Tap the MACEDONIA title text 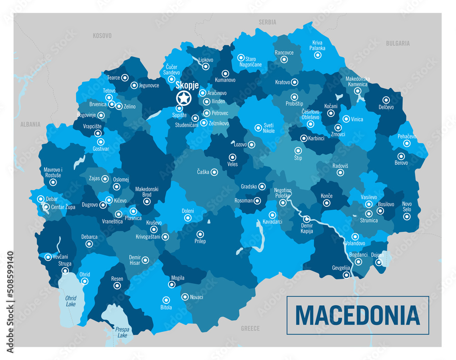[x=358, y=315]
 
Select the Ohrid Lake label [x=71, y=301]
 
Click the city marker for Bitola [x=166, y=300]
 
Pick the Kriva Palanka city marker [x=318, y=55]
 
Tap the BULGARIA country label [x=398, y=43]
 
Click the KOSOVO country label [x=102, y=36]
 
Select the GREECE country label [x=250, y=328]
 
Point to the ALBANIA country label [x=31, y=124]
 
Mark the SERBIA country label [x=267, y=22]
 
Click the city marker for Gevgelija [x=347, y=275]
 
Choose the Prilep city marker [x=200, y=234]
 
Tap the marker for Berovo [x=401, y=156]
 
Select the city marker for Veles [x=232, y=157]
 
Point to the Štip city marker [x=298, y=150]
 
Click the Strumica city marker [x=368, y=214]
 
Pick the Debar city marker [x=41, y=199]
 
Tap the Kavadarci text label [x=273, y=222]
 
